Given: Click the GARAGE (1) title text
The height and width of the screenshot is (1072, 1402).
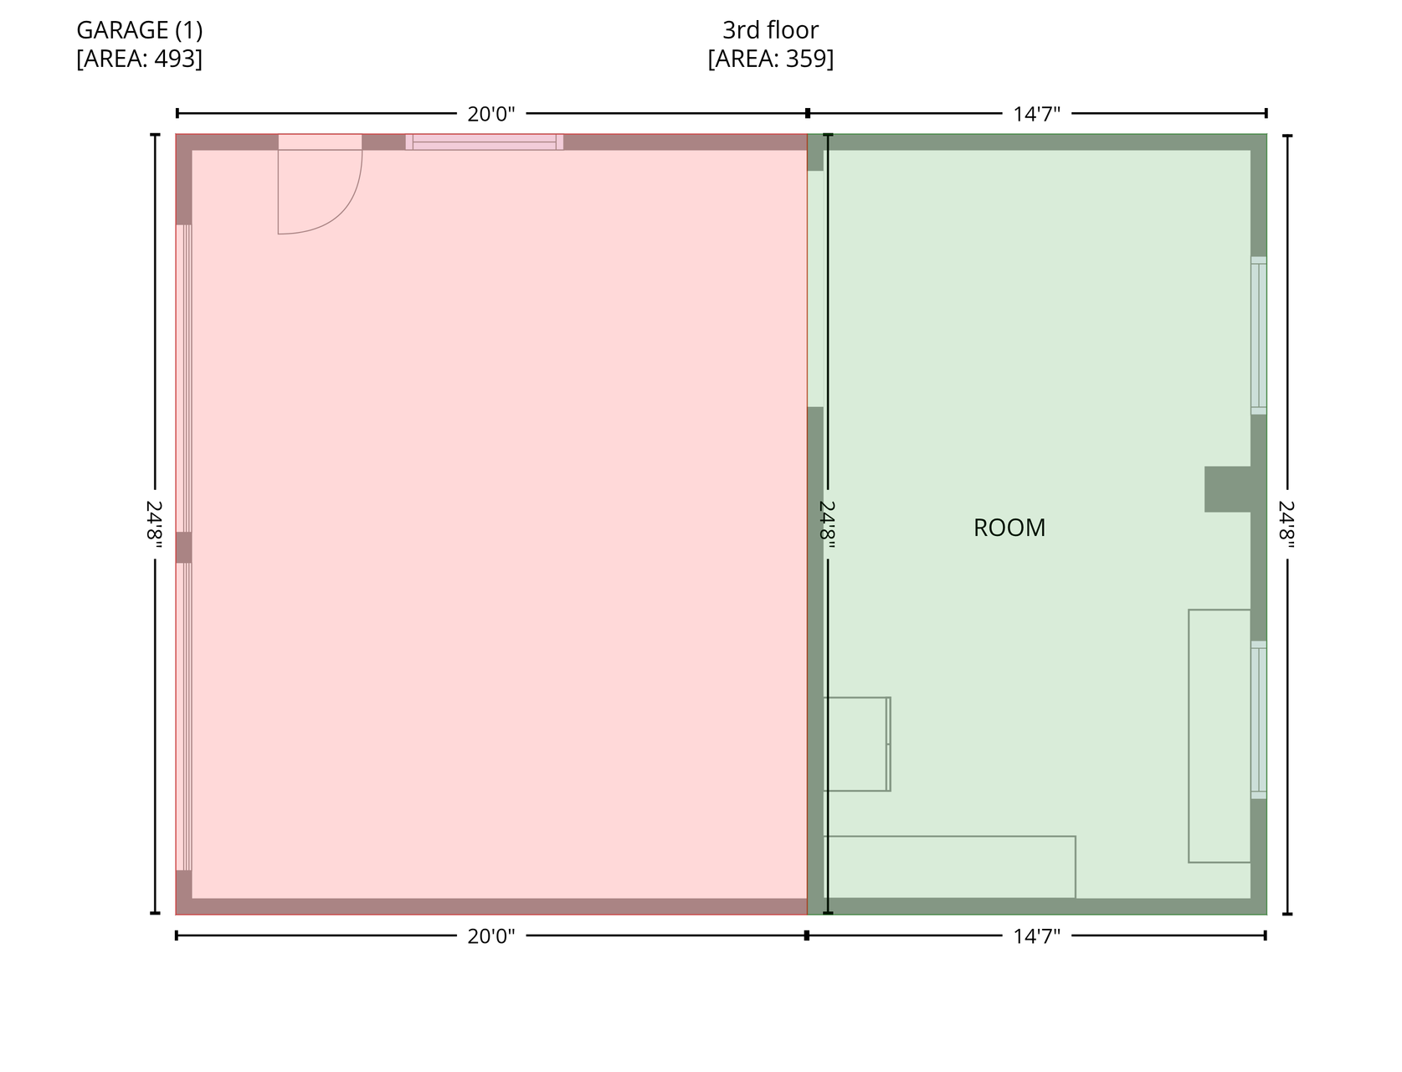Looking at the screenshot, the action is pyautogui.click(x=139, y=30).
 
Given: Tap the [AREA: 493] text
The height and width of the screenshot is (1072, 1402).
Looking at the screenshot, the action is pyautogui.click(x=139, y=58).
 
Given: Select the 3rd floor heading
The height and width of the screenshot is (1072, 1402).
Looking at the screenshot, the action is pyautogui.click(x=770, y=30).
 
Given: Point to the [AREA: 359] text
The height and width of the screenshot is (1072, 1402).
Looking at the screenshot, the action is pyautogui.click(x=770, y=58).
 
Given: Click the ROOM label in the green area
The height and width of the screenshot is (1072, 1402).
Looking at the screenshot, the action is pyautogui.click(x=1009, y=528).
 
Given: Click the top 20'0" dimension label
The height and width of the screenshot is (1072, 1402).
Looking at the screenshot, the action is pyautogui.click(x=490, y=115).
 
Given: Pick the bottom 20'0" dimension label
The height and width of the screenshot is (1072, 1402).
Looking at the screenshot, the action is pyautogui.click(x=490, y=936).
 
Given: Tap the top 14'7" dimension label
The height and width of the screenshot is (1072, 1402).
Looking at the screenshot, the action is pyautogui.click(x=1037, y=115).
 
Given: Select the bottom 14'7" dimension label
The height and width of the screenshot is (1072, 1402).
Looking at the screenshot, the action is pyautogui.click(x=1037, y=936).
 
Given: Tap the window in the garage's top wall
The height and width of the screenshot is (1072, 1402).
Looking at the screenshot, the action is pyautogui.click(x=484, y=142).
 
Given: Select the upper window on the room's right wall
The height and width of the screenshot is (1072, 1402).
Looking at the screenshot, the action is pyautogui.click(x=1258, y=335).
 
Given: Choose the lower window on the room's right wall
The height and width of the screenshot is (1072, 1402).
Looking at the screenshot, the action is pyautogui.click(x=1258, y=720).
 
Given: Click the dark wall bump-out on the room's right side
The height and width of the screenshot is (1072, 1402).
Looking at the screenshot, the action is pyautogui.click(x=1227, y=489).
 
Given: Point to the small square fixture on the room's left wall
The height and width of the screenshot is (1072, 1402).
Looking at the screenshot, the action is pyautogui.click(x=856, y=745).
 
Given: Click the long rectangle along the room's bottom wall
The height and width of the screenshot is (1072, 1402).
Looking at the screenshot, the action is pyautogui.click(x=949, y=867).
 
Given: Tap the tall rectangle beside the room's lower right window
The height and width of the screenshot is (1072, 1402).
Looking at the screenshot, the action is pyautogui.click(x=1220, y=736).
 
